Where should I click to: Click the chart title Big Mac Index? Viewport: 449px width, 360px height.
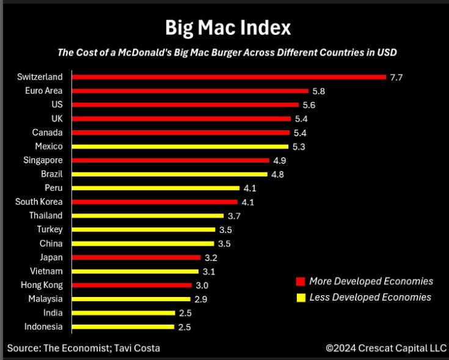[x=227, y=27]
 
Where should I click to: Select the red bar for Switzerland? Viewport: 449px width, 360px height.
[x=229, y=77]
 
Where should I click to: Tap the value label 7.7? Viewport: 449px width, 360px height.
[x=396, y=78]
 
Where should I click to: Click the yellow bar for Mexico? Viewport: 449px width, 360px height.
[x=180, y=147]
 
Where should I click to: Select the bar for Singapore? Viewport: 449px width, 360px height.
[x=170, y=160]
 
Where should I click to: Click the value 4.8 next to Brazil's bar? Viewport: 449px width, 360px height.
[x=277, y=174]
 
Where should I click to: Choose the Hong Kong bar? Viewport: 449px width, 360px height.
[x=132, y=285]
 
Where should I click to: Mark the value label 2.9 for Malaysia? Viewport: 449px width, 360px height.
[x=200, y=299]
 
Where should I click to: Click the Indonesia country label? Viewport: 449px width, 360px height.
[x=43, y=326]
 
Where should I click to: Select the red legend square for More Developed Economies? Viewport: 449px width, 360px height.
[x=300, y=282]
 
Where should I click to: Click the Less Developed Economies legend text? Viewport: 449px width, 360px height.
[x=370, y=297]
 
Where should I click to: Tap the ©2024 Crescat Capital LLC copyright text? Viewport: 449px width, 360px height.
[x=385, y=348]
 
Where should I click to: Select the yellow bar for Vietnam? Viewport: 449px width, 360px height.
[x=135, y=271]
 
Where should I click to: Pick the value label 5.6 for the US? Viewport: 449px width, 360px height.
[x=308, y=105]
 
